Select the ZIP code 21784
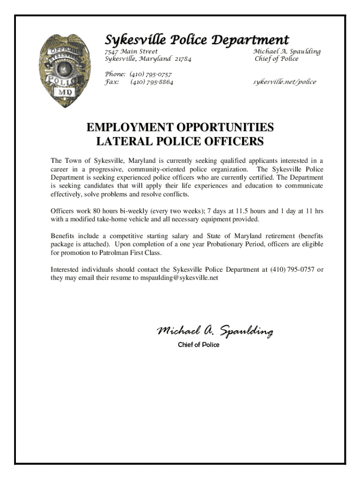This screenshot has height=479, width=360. (x=183, y=59)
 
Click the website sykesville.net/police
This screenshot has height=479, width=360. (x=285, y=82)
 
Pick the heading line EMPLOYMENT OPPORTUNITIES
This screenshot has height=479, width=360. (x=180, y=127)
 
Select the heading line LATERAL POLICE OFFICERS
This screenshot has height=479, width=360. (x=180, y=141)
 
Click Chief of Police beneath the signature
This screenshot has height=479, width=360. (x=198, y=345)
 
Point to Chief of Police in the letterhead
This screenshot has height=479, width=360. (x=276, y=59)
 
